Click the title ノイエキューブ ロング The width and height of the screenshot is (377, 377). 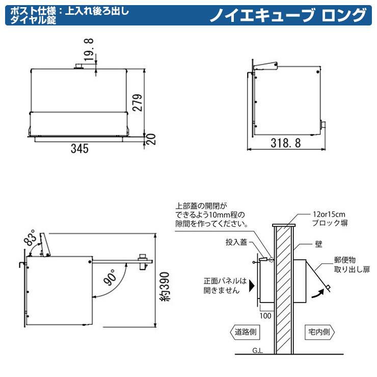pyautogui.click(x=288, y=15)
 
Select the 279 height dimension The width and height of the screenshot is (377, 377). pyautogui.click(x=138, y=103)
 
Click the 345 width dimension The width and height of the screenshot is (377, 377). pyautogui.click(x=79, y=148)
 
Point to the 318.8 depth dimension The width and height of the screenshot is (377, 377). pyautogui.click(x=286, y=143)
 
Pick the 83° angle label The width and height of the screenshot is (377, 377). pyautogui.click(x=31, y=237)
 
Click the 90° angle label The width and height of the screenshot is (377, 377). pyautogui.click(x=110, y=278)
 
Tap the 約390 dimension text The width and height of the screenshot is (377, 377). pyautogui.click(x=165, y=286)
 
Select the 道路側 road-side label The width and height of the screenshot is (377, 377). pyautogui.click(x=246, y=332)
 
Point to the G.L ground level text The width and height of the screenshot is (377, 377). pyautogui.click(x=257, y=351)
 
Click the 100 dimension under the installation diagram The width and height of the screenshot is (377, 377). pyautogui.click(x=265, y=316)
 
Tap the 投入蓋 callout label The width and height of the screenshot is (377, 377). pyautogui.click(x=236, y=242)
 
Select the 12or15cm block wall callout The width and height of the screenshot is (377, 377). pyautogui.click(x=330, y=219)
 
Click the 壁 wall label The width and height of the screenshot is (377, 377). pyautogui.click(x=318, y=244)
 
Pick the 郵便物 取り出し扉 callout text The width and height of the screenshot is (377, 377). pyautogui.click(x=352, y=264)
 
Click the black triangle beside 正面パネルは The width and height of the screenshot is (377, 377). pyautogui.click(x=252, y=285)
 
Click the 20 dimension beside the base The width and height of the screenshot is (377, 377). pyautogui.click(x=151, y=139)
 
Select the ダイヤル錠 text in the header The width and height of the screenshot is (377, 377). pyautogui.click(x=33, y=20)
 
